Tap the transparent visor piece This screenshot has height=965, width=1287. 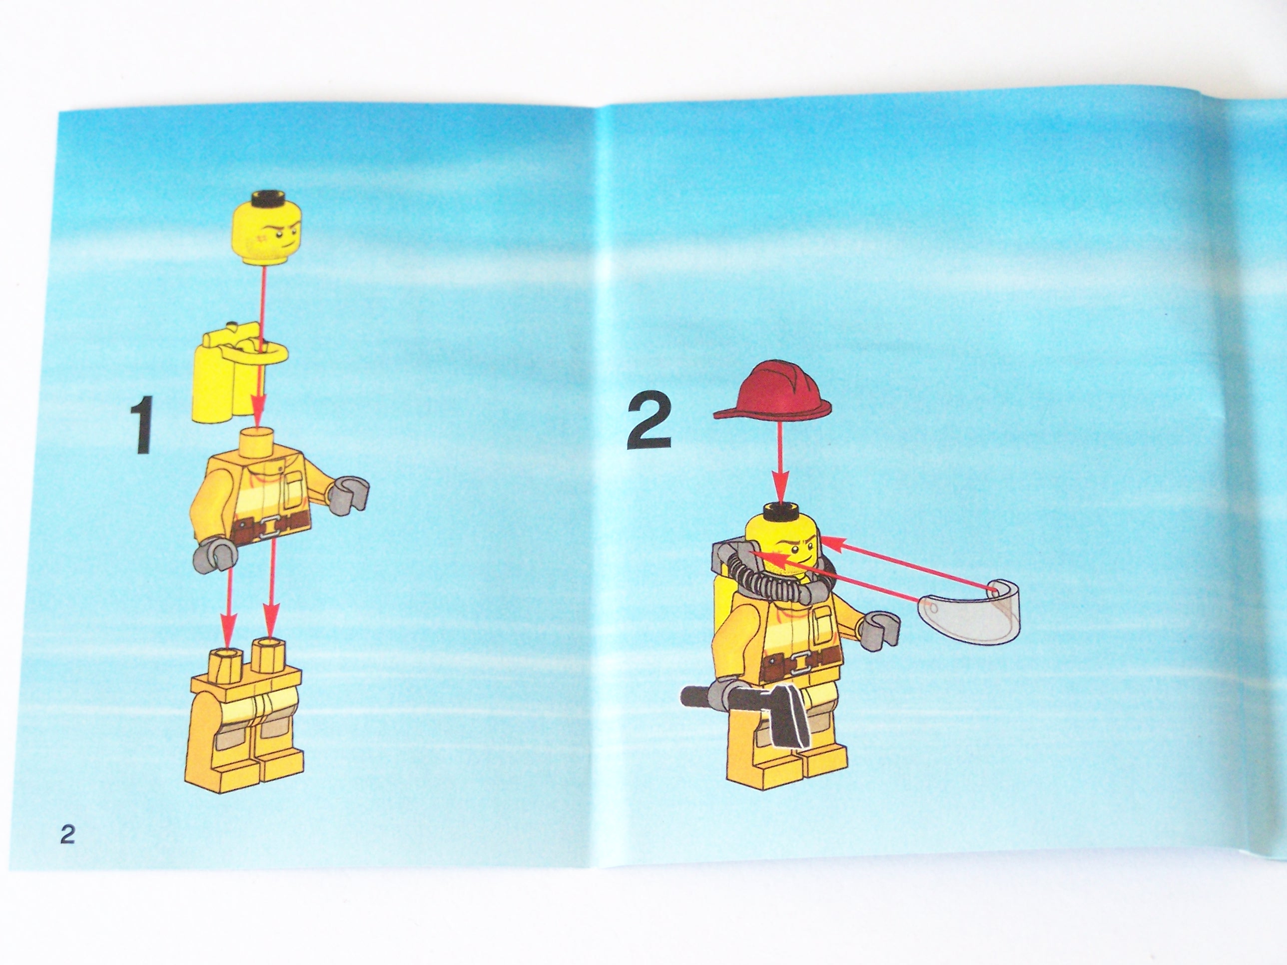coord(968,611)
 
